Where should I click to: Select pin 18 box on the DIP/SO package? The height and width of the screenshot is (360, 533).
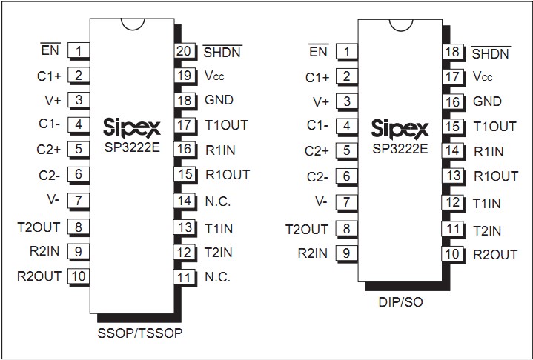(451, 52)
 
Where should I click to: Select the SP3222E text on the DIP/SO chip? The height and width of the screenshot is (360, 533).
(400, 147)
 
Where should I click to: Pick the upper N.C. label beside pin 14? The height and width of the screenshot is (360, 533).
(218, 201)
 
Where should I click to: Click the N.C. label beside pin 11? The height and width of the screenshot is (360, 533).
(218, 277)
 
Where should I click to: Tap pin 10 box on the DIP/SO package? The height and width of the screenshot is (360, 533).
(451, 254)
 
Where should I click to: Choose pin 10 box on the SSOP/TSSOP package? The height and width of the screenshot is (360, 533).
(78, 276)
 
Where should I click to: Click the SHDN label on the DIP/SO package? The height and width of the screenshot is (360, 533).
(490, 53)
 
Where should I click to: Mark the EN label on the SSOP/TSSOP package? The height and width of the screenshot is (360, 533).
(50, 51)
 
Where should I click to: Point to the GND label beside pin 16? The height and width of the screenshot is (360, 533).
(487, 101)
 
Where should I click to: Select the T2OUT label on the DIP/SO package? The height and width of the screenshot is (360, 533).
(306, 229)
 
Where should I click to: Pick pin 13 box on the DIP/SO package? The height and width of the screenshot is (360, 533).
(451, 176)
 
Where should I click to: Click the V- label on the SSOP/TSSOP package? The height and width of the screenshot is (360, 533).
(52, 201)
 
